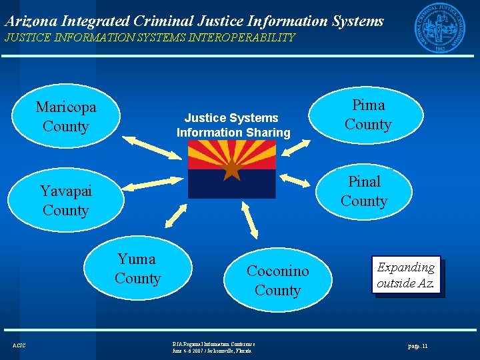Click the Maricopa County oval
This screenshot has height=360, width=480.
(x=66, y=117)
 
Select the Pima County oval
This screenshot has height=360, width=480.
(x=367, y=115)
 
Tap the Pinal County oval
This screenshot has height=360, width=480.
(x=364, y=191)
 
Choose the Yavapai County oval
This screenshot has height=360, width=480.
(x=66, y=201)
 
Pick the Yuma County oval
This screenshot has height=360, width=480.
(x=138, y=269)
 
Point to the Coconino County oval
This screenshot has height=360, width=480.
(x=277, y=281)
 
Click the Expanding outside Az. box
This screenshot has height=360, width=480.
(x=406, y=275)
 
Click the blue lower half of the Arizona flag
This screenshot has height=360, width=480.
(x=231, y=187)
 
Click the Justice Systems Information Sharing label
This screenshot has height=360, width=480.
(x=233, y=125)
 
